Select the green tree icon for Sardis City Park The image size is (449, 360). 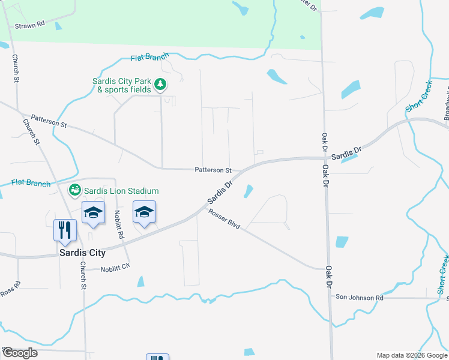160,85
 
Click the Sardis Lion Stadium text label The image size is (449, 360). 121,191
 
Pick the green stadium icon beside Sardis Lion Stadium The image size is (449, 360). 75,191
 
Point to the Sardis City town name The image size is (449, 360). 83,253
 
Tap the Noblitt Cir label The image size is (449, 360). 115,269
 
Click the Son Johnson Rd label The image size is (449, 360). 359,297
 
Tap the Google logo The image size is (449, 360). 20,353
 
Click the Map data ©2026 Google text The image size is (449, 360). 411,355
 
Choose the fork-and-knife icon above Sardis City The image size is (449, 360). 64,230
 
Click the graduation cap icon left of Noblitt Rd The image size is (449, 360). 93,212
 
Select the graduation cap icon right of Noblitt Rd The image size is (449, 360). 144,212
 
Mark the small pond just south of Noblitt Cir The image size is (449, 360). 140,281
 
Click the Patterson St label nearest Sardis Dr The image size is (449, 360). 212,170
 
